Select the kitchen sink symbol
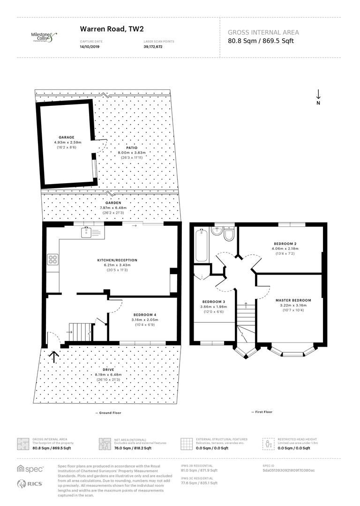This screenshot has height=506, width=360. pos(87,231)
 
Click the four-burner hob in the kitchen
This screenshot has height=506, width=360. pos(52,259)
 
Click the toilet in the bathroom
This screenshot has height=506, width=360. pos(229,235)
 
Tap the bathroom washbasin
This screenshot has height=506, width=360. pos(217,232)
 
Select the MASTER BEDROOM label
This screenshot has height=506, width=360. pos(293,300)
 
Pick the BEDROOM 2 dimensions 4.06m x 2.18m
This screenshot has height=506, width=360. pos(285,249)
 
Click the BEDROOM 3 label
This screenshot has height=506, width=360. pos(214,301)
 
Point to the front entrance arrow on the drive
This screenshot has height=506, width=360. pos(54,357)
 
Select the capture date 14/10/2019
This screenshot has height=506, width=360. pos(90,47)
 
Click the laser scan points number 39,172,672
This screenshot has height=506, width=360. pos(153,47)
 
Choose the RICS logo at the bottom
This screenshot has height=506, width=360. pos(28,484)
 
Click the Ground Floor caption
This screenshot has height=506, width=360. pos(108,412)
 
